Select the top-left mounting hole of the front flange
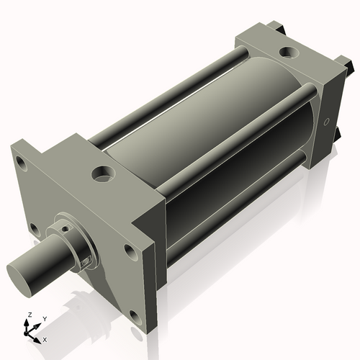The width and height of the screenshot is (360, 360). tap(22, 164)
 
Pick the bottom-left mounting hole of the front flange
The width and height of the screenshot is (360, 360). tap(33, 228)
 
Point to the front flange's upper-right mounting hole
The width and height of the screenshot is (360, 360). tap(130, 251)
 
